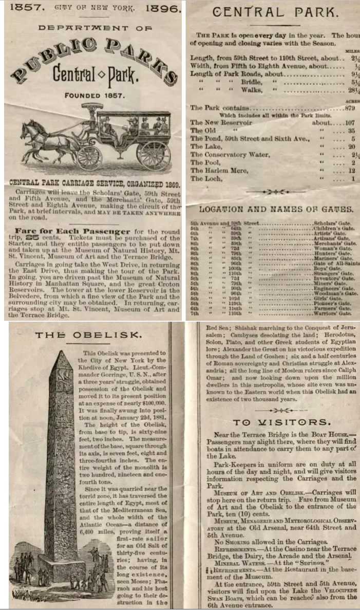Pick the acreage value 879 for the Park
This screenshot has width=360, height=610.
coord(349,108)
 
